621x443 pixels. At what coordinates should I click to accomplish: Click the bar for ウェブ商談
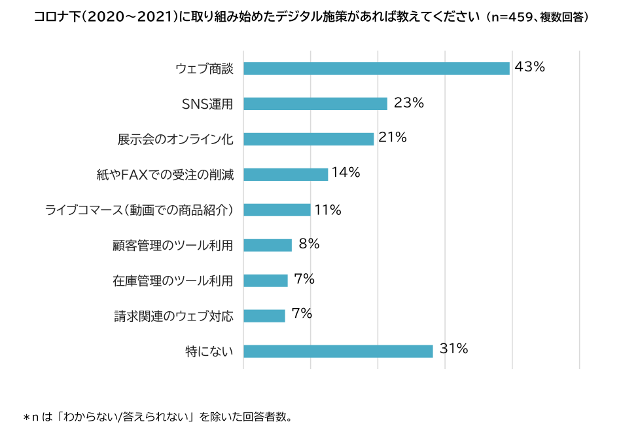(x=376, y=68)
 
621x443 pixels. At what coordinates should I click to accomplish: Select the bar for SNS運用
(x=315, y=104)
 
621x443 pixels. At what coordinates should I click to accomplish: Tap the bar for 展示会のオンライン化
(x=308, y=139)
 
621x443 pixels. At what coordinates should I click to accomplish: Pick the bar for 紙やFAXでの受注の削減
(x=285, y=174)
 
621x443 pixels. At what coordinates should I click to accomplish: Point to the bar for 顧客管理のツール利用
(x=268, y=245)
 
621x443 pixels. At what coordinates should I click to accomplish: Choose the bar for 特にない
(x=338, y=351)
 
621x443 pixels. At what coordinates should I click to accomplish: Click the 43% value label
(x=529, y=67)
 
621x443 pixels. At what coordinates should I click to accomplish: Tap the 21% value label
(x=393, y=138)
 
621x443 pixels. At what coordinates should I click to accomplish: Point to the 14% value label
(x=346, y=172)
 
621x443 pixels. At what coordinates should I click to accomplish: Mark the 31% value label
(x=453, y=349)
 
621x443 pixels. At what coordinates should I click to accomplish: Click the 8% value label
(x=309, y=244)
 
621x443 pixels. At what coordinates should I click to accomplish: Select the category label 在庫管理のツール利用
(x=173, y=280)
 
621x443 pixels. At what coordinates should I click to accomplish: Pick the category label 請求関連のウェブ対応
(x=173, y=316)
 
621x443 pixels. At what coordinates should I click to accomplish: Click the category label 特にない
(x=209, y=351)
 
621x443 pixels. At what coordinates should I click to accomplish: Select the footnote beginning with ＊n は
(x=157, y=417)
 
